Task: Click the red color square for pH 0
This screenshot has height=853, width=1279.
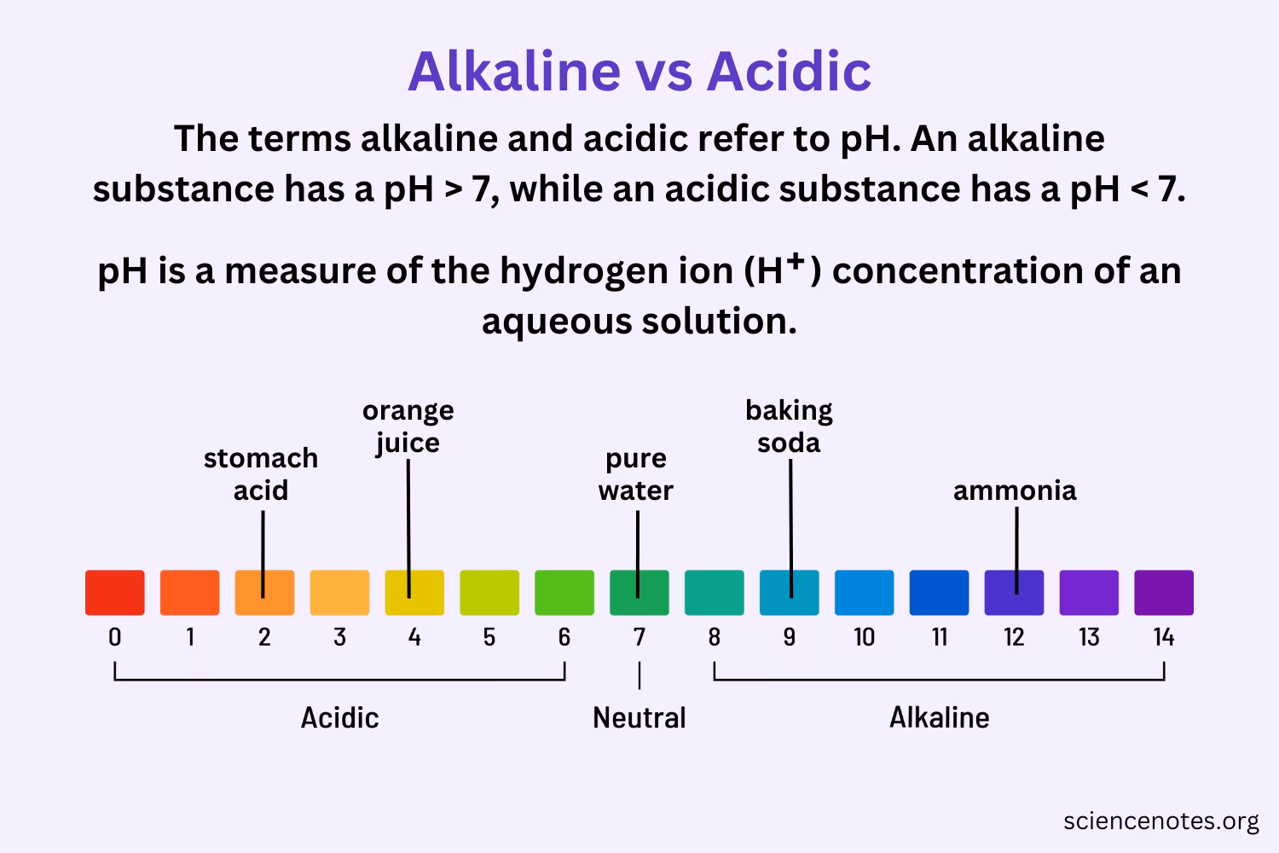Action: (114, 593)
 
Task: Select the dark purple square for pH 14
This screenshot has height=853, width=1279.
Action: (1163, 593)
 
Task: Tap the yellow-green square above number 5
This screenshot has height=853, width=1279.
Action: (489, 593)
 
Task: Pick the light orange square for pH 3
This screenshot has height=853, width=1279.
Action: (339, 593)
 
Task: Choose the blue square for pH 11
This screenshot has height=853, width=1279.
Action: (939, 593)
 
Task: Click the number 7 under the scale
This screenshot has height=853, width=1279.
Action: (639, 637)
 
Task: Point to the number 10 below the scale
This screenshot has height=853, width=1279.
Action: (864, 637)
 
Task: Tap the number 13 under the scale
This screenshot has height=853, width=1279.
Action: (1089, 637)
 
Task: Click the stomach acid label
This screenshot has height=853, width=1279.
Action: (261, 474)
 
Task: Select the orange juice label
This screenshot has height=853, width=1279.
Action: (408, 426)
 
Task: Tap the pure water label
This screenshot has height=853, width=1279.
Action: (636, 474)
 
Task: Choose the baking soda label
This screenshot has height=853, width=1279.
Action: (789, 426)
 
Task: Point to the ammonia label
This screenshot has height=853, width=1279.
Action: (1015, 490)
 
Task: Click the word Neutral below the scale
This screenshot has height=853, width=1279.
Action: (639, 717)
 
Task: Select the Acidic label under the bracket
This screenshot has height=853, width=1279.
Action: (339, 717)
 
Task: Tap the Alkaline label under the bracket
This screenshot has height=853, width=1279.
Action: (939, 717)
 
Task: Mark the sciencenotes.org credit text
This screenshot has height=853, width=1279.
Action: (1160, 821)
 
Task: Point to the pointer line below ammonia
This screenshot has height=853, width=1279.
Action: (1016, 546)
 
